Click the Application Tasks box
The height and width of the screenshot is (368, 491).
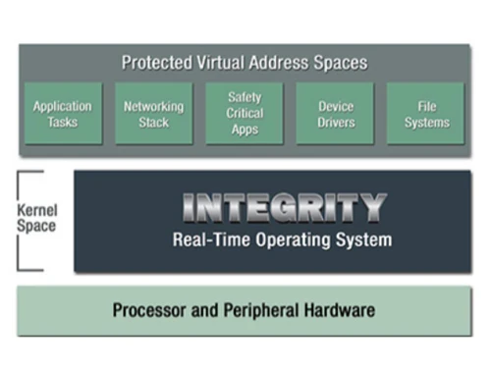(62, 114)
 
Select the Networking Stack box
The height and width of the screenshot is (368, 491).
(153, 114)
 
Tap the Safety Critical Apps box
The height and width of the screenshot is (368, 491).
(245, 114)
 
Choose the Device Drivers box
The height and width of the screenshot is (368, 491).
(335, 114)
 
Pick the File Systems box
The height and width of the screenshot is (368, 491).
(426, 114)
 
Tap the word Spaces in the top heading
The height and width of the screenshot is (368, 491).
(342, 63)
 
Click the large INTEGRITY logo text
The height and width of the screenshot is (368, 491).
(285, 207)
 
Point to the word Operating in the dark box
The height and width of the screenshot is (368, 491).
(289, 239)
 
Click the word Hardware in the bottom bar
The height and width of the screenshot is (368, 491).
(341, 311)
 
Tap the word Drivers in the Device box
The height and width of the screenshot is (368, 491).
(335, 123)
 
